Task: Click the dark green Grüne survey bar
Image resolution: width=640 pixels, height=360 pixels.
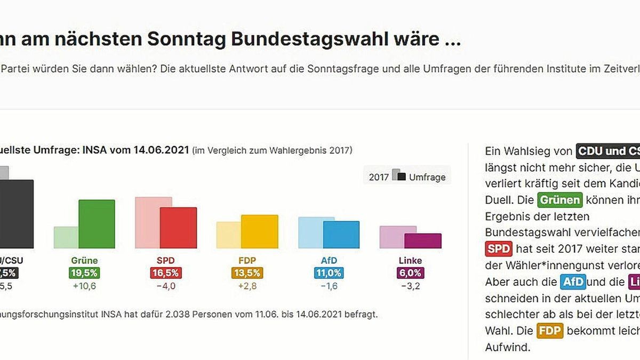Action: click(x=97, y=224)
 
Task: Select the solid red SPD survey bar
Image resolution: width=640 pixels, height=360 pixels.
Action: click(x=178, y=228)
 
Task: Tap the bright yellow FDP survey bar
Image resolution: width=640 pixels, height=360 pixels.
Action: click(x=260, y=231)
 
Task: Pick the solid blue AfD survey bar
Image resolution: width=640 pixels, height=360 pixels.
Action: click(x=341, y=235)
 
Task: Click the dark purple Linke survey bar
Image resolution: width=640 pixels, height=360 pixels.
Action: click(x=423, y=241)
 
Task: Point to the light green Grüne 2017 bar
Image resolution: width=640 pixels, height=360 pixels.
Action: click(x=66, y=237)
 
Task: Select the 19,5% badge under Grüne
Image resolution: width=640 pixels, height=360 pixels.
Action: click(x=84, y=273)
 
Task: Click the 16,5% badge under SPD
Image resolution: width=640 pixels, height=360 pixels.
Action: click(x=166, y=273)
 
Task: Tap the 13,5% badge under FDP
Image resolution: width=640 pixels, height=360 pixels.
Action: click(x=247, y=273)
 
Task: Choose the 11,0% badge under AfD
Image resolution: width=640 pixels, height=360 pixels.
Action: click(x=329, y=273)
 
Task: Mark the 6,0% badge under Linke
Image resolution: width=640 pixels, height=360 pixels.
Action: click(x=410, y=273)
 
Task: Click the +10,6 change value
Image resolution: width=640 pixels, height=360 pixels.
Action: click(x=84, y=286)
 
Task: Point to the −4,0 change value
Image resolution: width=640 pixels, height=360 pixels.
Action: click(x=166, y=286)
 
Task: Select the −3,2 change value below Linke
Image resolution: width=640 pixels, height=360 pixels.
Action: click(x=410, y=286)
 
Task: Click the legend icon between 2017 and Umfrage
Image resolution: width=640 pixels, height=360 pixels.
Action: click(x=399, y=175)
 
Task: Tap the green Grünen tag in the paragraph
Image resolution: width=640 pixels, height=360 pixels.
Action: click(x=559, y=201)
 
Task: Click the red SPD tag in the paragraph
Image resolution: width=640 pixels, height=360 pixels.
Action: click(x=499, y=249)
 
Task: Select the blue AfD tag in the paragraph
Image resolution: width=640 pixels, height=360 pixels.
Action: click(x=573, y=282)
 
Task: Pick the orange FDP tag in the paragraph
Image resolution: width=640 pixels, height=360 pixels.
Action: click(x=550, y=331)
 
